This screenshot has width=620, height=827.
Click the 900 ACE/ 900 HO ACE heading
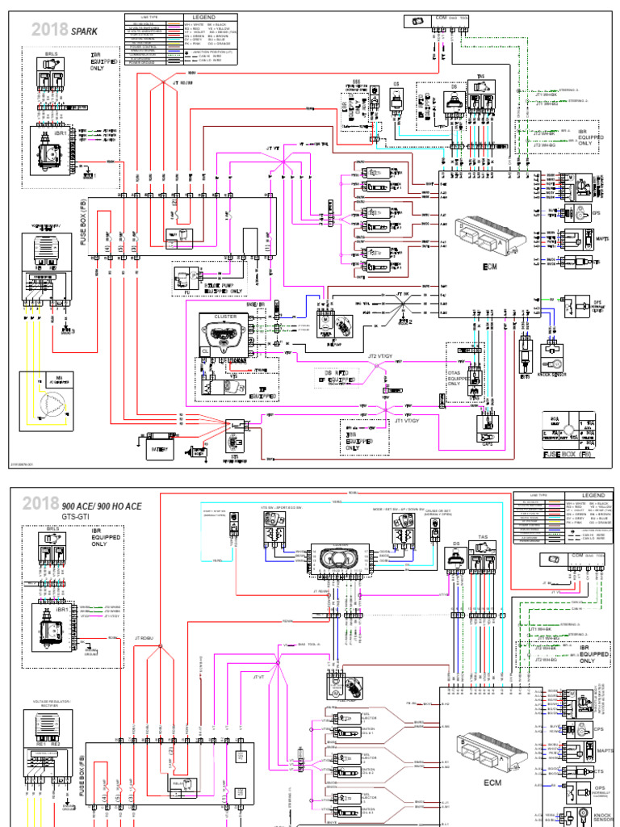102,506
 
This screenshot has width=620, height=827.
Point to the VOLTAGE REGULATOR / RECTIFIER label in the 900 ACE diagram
51,701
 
